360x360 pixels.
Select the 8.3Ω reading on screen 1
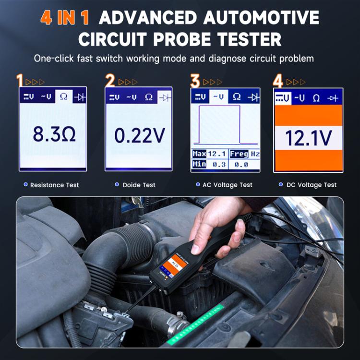[53, 134]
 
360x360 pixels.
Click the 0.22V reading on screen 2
[139, 136]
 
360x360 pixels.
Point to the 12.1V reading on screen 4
[308, 138]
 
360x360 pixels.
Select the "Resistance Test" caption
[54, 185]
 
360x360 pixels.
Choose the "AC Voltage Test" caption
[227, 185]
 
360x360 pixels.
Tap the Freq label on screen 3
[239, 154]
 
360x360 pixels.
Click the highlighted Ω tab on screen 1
[63, 96]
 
